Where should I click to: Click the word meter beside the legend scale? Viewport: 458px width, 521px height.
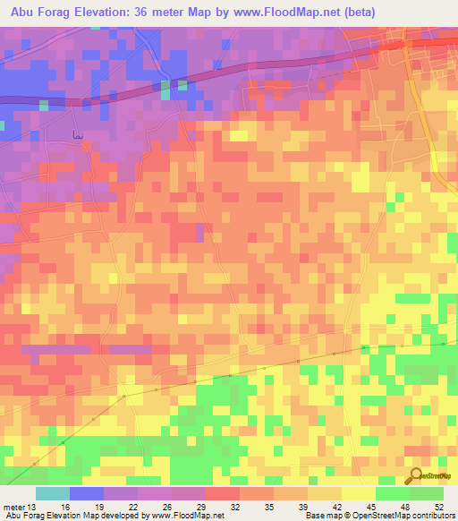coord(14,508)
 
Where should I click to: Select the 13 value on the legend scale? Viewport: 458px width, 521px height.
coord(34,508)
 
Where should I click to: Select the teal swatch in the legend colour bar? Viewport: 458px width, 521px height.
coord(52,493)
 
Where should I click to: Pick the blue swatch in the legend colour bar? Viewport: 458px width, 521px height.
coord(86,493)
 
